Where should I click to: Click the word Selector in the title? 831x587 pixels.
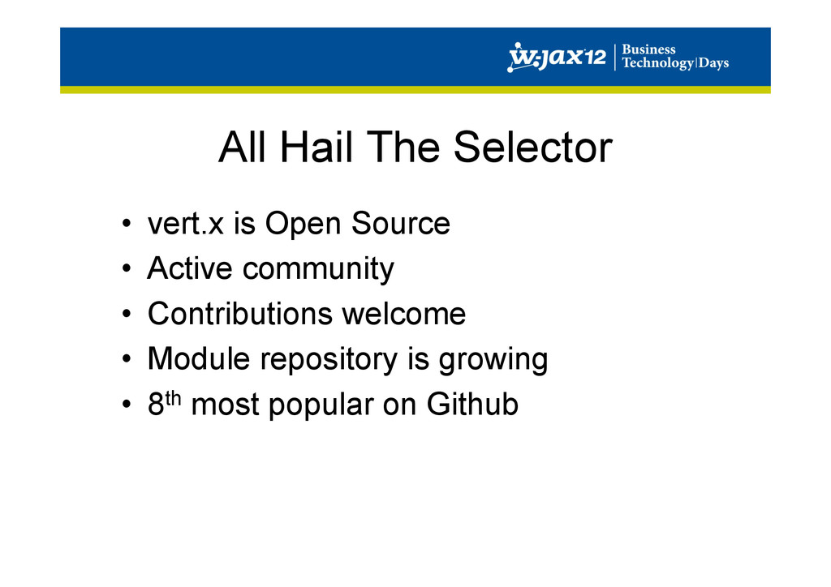point(533,147)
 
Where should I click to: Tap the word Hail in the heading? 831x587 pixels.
point(316,147)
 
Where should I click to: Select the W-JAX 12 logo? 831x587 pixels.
point(557,57)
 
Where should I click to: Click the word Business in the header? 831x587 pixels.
point(648,49)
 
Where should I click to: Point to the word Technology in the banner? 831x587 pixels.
point(657,63)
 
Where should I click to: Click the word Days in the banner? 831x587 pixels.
point(713,63)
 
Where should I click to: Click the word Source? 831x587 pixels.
point(401,223)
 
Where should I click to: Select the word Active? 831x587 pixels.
point(190,268)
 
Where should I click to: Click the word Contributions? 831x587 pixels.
point(239,313)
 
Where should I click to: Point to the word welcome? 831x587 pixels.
point(404,313)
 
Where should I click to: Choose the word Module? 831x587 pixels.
point(199,358)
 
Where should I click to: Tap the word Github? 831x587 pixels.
point(472,404)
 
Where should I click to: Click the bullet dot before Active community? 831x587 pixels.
point(126,268)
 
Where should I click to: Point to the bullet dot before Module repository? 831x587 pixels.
point(126,359)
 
